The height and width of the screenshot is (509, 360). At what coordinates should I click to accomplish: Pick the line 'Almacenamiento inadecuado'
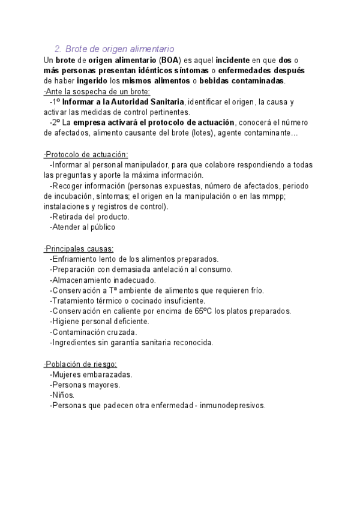tap(103, 280)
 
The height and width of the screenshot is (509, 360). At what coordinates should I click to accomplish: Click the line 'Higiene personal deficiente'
tap(100, 321)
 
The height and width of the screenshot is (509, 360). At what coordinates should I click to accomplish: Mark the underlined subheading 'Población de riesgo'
tap(80, 364)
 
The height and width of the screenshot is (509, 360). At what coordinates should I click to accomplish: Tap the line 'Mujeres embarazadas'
tap(91, 374)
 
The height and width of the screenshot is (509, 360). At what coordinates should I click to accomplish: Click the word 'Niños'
tap(62, 395)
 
